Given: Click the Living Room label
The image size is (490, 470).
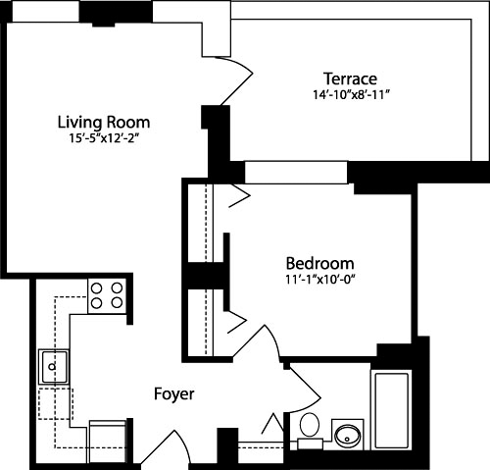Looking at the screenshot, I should [x=103, y=122].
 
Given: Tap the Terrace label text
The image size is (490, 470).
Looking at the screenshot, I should [x=350, y=78].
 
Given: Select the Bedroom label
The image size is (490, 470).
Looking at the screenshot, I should [x=319, y=263].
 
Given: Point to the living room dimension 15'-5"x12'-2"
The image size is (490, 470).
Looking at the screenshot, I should [x=103, y=139].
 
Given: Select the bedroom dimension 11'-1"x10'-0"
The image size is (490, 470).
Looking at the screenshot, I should [x=319, y=280].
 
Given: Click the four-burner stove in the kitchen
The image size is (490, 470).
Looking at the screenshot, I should [x=108, y=294].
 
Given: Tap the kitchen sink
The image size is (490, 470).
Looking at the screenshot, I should [x=52, y=368].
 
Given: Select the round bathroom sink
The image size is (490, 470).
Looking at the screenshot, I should [x=347, y=433].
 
